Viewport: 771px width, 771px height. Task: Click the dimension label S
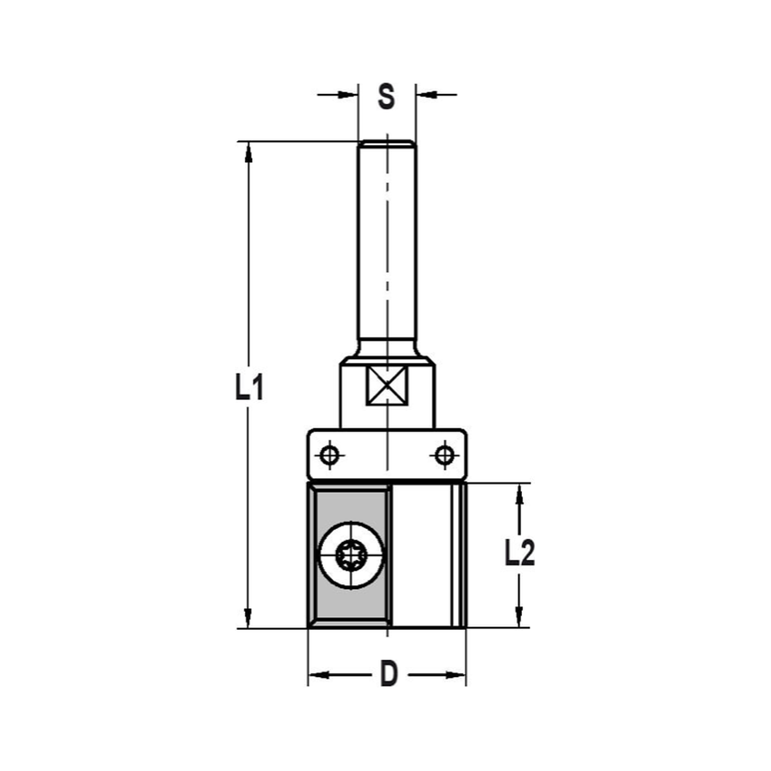pos(386,97)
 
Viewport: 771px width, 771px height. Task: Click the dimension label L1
pos(249,388)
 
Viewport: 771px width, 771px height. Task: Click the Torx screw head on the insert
pos(350,554)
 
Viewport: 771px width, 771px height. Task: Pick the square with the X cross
pos(387,385)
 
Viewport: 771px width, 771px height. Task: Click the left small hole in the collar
pos(330,456)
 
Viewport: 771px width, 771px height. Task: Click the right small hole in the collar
pos(443,456)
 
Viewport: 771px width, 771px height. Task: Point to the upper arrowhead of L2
pos(520,494)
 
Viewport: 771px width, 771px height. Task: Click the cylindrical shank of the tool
pos(387,247)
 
